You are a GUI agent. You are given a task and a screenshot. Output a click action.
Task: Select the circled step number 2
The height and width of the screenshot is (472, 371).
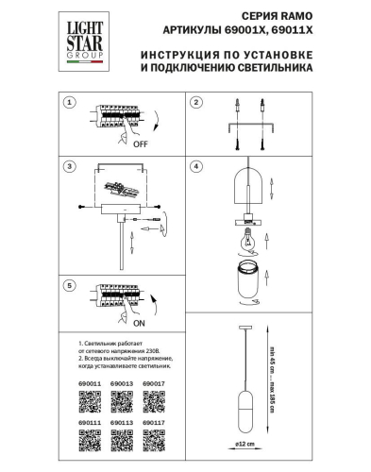[195, 102]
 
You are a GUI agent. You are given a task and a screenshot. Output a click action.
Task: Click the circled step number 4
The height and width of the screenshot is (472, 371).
[195, 167]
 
